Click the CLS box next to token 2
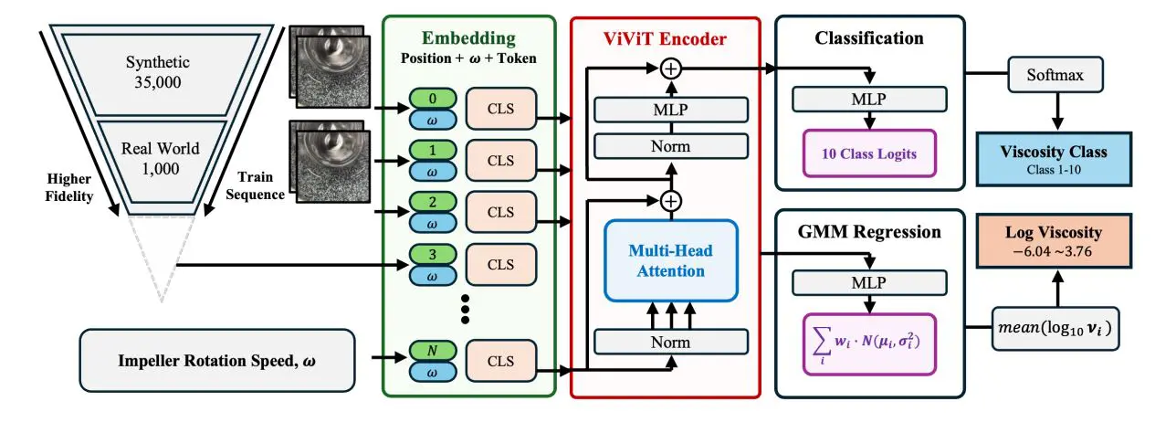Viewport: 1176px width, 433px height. [x=501, y=211]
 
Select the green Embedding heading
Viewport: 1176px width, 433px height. [x=468, y=38]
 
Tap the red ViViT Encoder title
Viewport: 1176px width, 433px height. [x=664, y=38]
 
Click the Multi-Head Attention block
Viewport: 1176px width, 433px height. [x=671, y=259]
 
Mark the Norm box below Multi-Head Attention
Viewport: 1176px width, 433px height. [x=671, y=342]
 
